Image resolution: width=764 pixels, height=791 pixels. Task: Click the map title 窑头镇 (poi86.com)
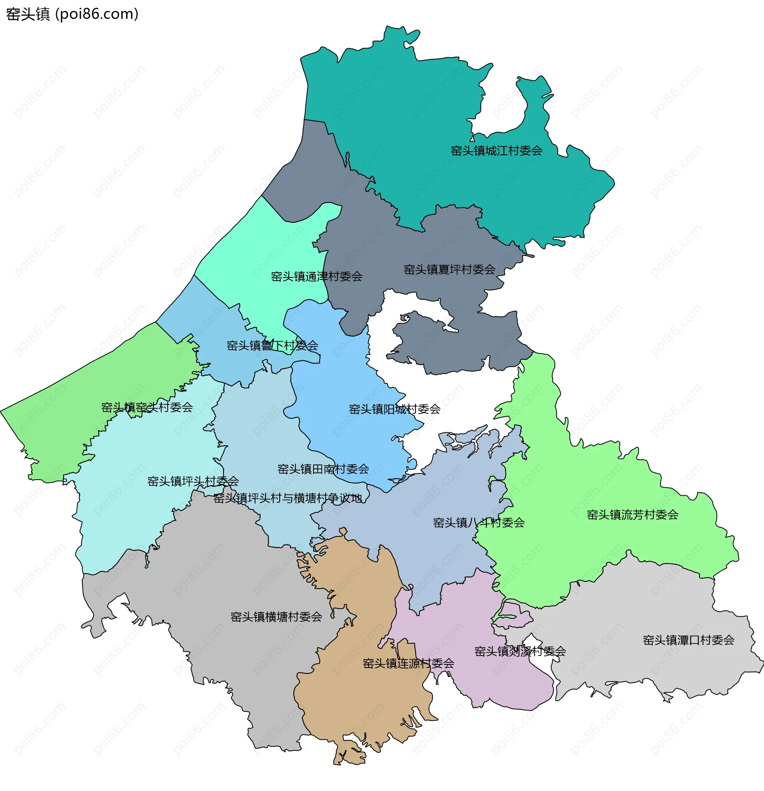[x=72, y=14]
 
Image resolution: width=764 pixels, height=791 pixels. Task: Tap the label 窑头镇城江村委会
[x=496, y=151]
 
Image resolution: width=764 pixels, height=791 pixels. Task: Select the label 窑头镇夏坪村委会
[x=449, y=270]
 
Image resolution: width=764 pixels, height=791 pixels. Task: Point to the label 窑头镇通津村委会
[x=317, y=277]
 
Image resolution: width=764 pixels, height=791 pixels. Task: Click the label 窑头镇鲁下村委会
[x=272, y=346]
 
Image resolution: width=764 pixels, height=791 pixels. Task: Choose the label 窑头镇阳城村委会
[x=394, y=410]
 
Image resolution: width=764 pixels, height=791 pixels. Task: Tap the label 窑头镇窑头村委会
[x=147, y=408]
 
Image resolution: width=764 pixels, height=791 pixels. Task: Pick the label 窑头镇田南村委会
[x=323, y=469]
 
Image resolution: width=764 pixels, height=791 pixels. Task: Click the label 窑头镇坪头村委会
[x=193, y=481]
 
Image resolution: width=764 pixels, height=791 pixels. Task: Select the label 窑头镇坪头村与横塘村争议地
[x=288, y=499]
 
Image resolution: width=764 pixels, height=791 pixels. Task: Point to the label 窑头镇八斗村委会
[x=479, y=523]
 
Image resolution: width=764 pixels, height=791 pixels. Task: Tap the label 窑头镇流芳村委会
[x=633, y=515]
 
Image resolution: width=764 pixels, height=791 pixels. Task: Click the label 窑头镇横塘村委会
[x=276, y=617]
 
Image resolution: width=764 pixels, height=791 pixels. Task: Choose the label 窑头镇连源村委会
[x=408, y=664]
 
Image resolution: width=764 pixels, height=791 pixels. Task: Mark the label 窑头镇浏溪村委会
[x=520, y=652]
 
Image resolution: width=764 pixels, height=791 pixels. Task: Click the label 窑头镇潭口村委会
[x=688, y=641]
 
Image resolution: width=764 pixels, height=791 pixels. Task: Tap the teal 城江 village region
[x=403, y=121]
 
